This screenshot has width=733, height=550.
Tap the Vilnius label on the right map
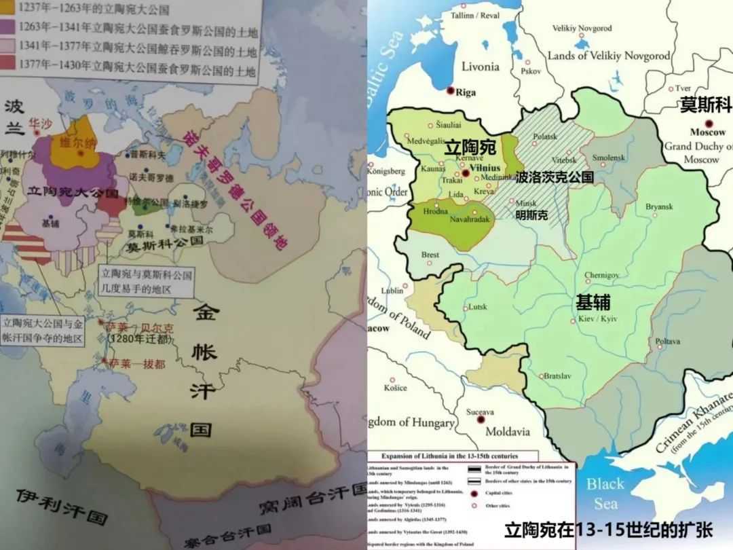[x=483, y=167]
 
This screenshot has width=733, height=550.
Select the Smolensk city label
[x=608, y=158]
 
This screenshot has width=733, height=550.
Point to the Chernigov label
[x=602, y=274]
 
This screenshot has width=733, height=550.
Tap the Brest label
[x=430, y=255]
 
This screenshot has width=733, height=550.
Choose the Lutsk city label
[x=478, y=307]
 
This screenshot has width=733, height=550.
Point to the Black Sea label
[x=605, y=494]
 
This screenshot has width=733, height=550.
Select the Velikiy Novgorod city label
[x=582, y=29]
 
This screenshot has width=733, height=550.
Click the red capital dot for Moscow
[x=709, y=123]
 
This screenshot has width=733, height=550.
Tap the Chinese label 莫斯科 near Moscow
[x=706, y=105]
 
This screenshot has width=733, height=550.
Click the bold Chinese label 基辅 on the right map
[x=593, y=302]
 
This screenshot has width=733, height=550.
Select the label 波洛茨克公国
[x=555, y=178]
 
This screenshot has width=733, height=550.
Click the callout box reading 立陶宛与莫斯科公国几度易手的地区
[x=146, y=282]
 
